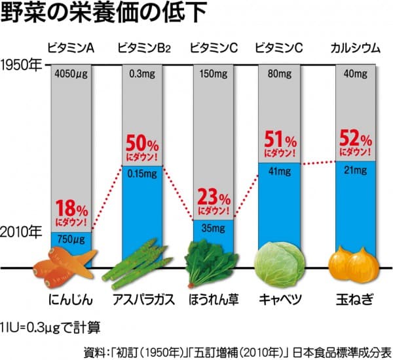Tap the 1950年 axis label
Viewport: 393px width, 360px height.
(20, 65)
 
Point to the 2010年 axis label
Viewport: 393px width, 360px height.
(20, 232)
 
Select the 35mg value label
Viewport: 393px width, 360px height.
(214, 229)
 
